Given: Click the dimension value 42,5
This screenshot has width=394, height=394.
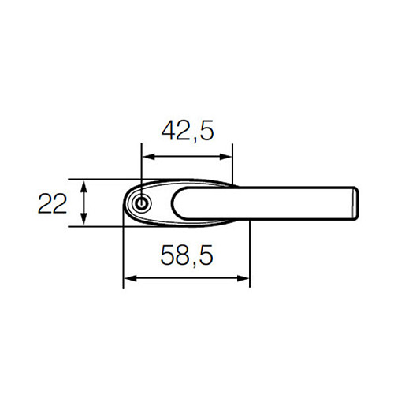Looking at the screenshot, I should click(187, 130).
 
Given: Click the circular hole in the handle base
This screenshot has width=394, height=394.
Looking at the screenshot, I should click(140, 203).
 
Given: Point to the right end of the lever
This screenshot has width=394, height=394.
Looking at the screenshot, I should click(355, 203).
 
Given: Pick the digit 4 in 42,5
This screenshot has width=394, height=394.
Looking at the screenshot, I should click(168, 130).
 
